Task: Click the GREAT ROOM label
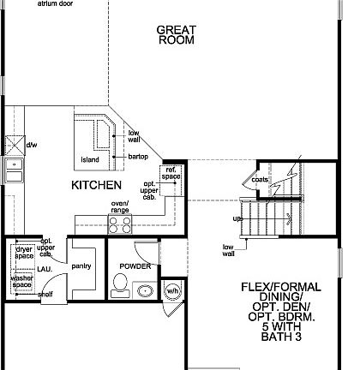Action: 177,34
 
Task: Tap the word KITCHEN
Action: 95,184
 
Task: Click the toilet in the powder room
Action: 119,286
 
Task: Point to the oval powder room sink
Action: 146,290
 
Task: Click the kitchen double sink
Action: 14,170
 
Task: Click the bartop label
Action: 138,158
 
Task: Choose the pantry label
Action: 82,266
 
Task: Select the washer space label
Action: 22,283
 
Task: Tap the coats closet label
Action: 259,180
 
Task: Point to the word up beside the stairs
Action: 237,218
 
